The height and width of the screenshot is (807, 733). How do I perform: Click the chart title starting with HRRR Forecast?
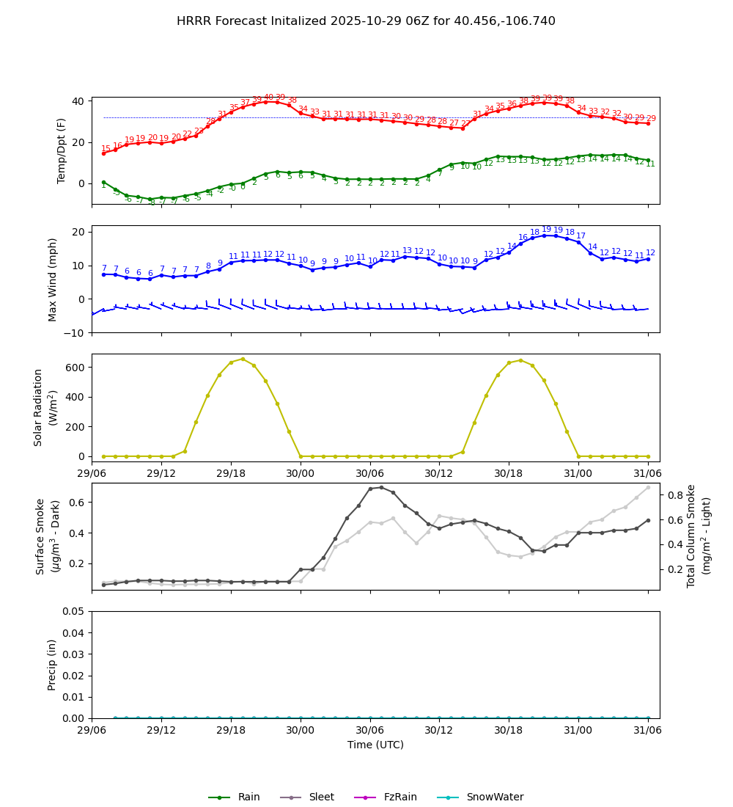tap(366, 21)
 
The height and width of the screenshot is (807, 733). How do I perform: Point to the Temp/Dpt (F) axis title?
tap(62, 150)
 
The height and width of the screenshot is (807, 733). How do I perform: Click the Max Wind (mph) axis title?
tap(53, 279)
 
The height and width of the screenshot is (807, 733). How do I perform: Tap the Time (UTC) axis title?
tap(375, 745)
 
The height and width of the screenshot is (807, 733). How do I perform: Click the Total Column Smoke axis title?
tap(690, 536)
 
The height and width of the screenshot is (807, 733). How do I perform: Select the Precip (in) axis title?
tap(52, 665)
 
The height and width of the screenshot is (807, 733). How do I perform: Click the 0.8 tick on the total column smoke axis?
tap(674, 495)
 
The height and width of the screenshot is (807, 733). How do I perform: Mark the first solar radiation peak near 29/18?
tap(243, 359)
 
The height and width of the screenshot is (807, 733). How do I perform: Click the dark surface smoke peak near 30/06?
tap(381, 487)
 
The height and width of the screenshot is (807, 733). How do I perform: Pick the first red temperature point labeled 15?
tap(103, 153)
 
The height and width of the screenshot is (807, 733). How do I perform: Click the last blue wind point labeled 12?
tap(648, 259)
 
